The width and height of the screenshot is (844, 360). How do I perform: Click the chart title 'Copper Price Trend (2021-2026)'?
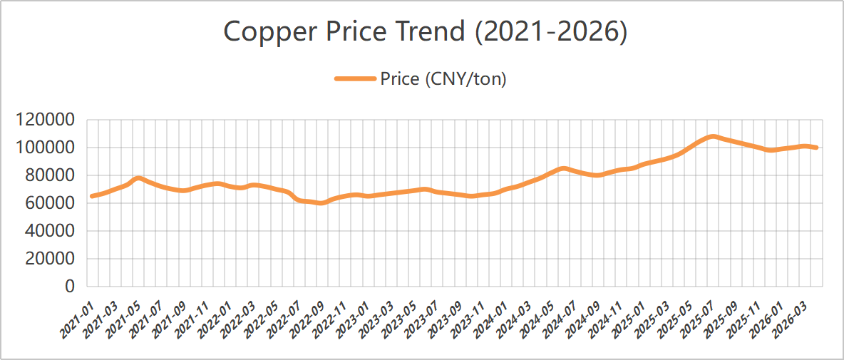tap(426, 33)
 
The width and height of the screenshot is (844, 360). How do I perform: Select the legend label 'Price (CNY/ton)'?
tap(443, 79)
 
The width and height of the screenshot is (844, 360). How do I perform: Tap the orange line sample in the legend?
tap(355, 79)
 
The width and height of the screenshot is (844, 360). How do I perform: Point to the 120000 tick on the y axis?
tap(46, 120)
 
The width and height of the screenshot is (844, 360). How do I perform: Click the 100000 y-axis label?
tap(46, 148)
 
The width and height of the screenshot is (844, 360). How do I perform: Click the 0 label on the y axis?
tap(70, 287)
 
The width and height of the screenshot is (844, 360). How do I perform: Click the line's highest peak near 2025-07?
tap(711, 136)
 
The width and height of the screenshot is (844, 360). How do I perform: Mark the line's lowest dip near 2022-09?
tap(321, 202)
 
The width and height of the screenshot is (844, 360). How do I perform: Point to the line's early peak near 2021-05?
tap(138, 178)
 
